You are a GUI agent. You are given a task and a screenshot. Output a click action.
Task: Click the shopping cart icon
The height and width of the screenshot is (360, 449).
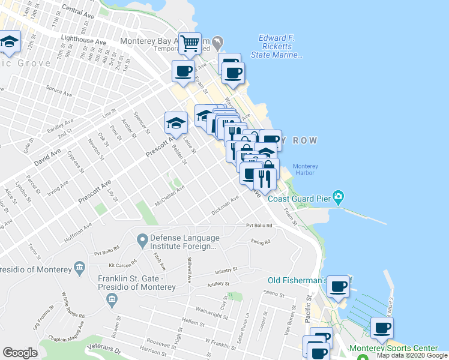point(190,43)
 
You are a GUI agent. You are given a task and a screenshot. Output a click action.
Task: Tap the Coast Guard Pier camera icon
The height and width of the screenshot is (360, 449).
point(339,197)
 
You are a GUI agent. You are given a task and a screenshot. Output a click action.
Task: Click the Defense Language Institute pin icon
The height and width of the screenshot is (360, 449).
point(142,241)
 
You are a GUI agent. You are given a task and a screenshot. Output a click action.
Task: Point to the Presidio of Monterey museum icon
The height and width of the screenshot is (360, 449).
point(79,267)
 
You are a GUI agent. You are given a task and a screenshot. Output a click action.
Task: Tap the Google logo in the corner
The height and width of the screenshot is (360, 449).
point(20,353)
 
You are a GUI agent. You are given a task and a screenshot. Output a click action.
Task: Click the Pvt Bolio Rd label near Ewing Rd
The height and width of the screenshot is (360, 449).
point(259,226)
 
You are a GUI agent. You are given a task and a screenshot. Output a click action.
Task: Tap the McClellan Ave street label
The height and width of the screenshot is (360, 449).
point(169,197)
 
